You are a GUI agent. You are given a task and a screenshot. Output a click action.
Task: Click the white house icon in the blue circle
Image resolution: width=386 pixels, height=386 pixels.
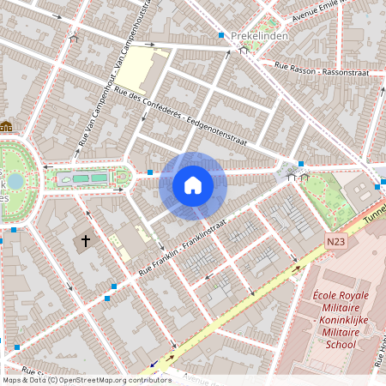tap(193, 185)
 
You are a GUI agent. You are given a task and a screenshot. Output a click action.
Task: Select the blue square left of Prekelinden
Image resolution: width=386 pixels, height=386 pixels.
tap(221, 36)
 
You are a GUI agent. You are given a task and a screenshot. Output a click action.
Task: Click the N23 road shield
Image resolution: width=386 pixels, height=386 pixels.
tap(336, 244)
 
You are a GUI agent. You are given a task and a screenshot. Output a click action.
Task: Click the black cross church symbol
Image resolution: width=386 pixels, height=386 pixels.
tap(85, 242)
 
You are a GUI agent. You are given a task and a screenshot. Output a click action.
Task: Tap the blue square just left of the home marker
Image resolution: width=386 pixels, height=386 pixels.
tap(149, 172)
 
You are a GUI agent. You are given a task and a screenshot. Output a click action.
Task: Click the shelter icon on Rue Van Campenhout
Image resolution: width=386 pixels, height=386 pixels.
tap(74, 38)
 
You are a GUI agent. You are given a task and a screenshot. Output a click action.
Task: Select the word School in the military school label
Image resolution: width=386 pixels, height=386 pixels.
tap(341, 345)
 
